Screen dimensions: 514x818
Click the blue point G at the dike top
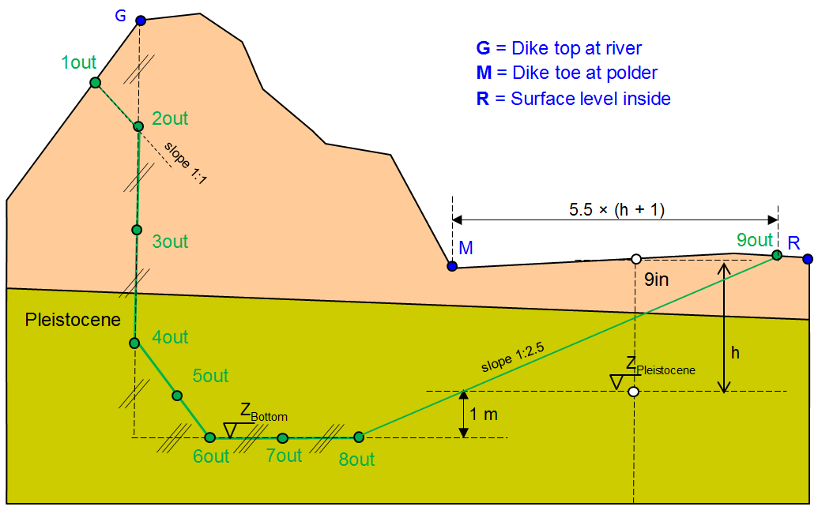(140, 21)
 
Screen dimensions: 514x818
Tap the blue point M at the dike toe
(452, 266)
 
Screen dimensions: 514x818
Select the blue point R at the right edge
(807, 258)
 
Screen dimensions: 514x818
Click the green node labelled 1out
(95, 82)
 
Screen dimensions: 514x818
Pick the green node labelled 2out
(138, 126)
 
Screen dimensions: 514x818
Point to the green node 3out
(136, 230)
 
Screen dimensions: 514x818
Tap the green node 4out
(134, 343)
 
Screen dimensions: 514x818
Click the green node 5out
(177, 395)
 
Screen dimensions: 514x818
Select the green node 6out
(209, 437)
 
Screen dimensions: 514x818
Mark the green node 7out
(282, 437)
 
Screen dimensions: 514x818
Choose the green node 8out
(358, 437)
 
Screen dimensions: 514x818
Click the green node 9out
(777, 254)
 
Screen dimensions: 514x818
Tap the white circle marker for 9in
(635, 259)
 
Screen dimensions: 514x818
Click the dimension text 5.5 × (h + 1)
(616, 210)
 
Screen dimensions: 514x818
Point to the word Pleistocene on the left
(73, 320)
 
